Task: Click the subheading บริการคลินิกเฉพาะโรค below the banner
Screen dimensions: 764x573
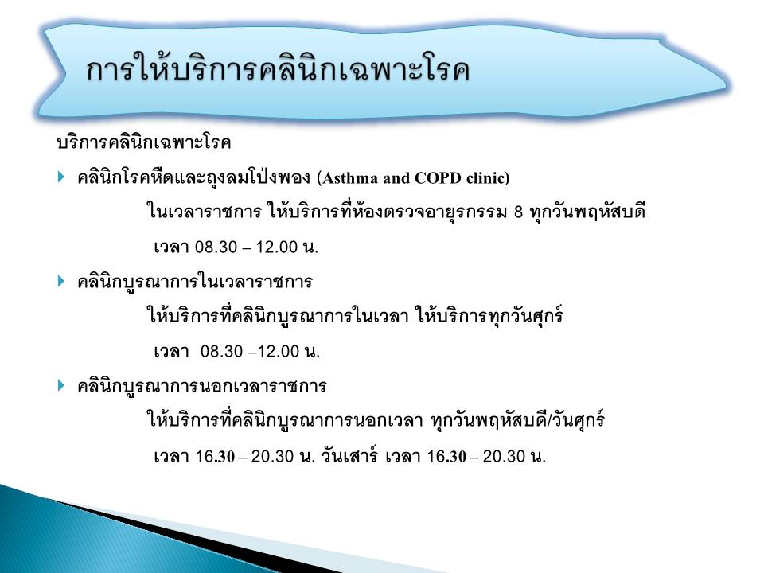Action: (x=144, y=142)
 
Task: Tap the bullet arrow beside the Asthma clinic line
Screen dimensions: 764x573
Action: (x=61, y=177)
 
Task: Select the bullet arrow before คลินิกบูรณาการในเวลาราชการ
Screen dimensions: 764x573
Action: (x=61, y=281)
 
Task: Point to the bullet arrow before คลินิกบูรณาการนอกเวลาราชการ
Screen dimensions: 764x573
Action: (x=61, y=385)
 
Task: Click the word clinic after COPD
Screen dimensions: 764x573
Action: (x=485, y=177)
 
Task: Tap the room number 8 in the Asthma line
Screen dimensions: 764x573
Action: (x=518, y=212)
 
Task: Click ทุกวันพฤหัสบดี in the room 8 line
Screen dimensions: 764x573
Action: (x=587, y=212)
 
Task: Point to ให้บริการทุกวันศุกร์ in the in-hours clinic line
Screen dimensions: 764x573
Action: (x=489, y=316)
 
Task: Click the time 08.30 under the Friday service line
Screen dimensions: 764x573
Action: (x=221, y=351)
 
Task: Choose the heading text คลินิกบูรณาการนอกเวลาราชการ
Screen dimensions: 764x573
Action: (x=201, y=386)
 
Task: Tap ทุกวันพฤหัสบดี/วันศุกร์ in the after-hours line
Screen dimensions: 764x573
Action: (x=518, y=420)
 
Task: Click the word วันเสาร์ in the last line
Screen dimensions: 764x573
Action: (x=349, y=455)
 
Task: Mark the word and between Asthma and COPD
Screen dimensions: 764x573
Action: (x=396, y=177)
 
